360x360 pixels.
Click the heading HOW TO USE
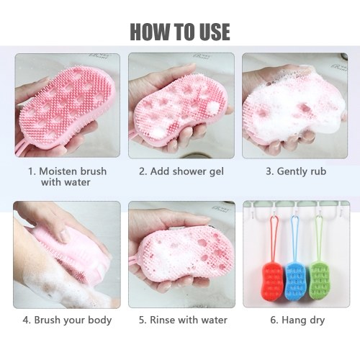click(180, 32)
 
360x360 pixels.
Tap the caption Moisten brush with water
click(67, 176)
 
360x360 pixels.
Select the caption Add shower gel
click(181, 171)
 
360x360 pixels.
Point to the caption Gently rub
click(296, 171)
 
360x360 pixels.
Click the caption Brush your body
click(67, 320)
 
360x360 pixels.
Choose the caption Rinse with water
click(183, 320)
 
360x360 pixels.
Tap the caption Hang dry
click(297, 320)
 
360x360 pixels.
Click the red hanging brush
click(273, 280)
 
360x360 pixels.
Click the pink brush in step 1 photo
click(67, 108)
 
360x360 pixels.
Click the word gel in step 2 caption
click(217, 172)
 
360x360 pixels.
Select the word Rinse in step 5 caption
click(160, 320)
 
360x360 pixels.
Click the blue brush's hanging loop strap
click(295, 238)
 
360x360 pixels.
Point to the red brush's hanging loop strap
click(274, 239)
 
